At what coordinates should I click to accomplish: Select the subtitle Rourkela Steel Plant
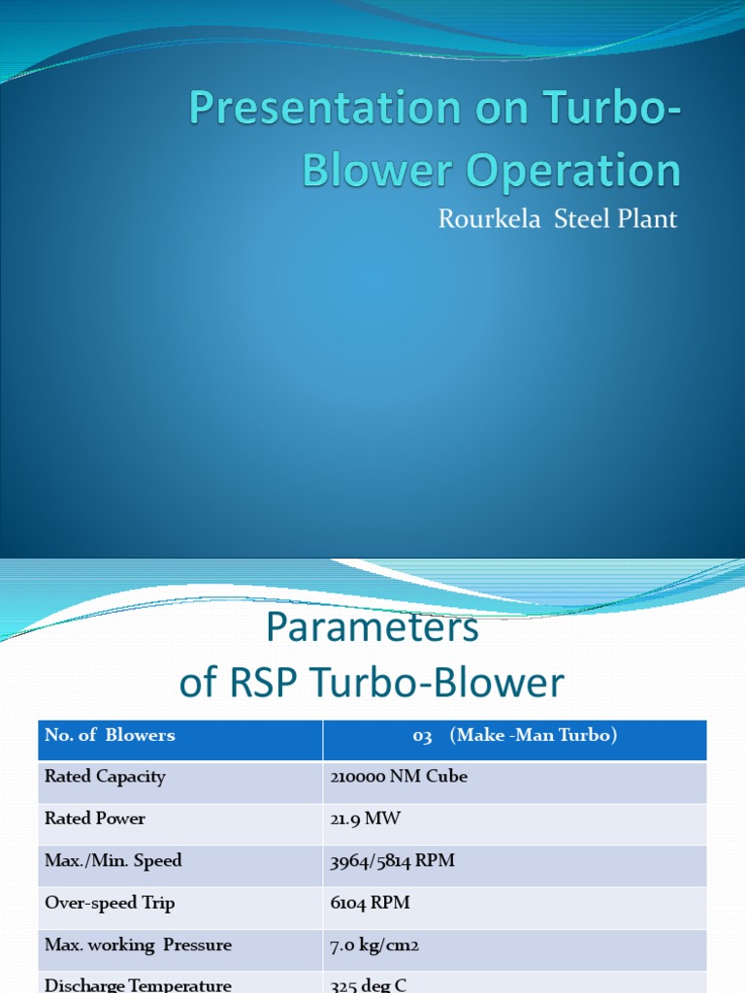(557, 218)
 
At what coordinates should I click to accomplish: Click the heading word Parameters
(372, 628)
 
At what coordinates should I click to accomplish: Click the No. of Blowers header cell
(110, 735)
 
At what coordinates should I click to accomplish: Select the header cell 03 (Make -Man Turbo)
(514, 735)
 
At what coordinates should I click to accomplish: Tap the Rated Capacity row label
(105, 777)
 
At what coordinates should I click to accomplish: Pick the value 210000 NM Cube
(399, 777)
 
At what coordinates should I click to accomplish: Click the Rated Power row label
(95, 818)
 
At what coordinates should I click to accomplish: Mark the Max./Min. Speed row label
(113, 860)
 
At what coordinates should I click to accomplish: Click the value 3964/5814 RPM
(392, 860)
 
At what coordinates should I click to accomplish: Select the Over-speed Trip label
(110, 903)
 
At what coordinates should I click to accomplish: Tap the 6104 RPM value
(370, 903)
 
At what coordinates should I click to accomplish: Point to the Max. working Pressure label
(138, 945)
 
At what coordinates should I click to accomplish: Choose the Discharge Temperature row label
(138, 985)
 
